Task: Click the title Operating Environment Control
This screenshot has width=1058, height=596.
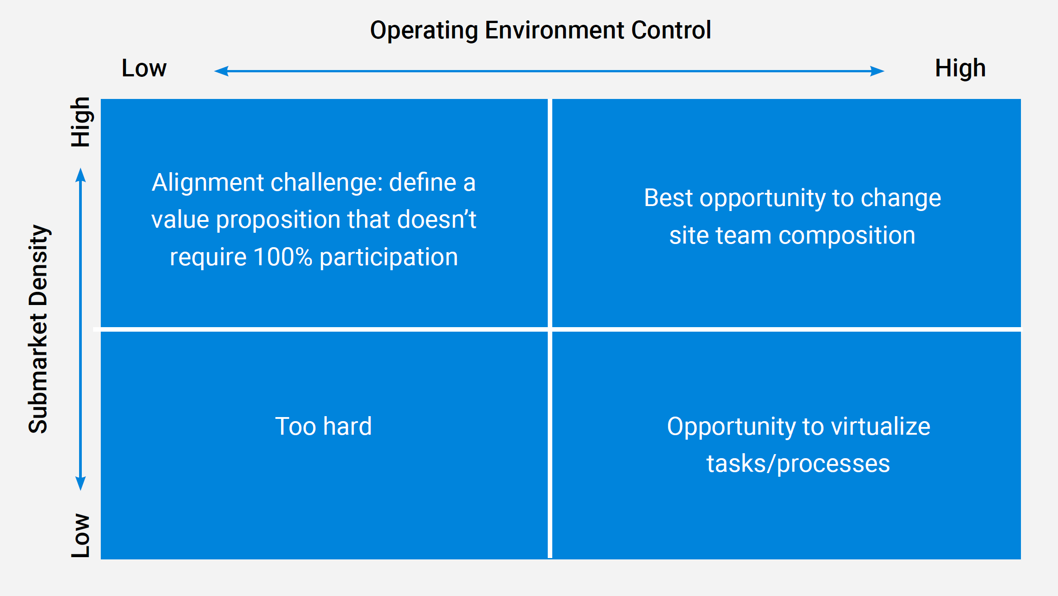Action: tap(541, 30)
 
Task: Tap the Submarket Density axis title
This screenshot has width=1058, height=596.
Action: tap(38, 329)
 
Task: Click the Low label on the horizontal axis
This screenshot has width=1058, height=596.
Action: tap(144, 68)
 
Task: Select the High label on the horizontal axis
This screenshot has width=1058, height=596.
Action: tap(960, 68)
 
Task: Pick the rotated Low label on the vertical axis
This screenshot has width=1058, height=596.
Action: tap(81, 535)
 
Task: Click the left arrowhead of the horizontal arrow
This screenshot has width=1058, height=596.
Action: tap(221, 71)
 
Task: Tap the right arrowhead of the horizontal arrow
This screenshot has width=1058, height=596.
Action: tap(877, 71)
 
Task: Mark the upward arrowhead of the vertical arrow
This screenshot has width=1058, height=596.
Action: tap(80, 175)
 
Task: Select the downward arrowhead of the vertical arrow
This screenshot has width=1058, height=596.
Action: tap(80, 483)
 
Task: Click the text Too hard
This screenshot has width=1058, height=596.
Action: tap(324, 426)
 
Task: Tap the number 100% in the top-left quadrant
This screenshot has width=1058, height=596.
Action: tap(283, 257)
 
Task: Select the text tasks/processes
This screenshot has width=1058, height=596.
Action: tap(798, 464)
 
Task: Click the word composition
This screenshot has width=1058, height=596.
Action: tap(847, 235)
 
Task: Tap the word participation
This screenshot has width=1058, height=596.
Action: tap(389, 258)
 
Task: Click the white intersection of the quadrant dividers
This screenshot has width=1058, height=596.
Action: tap(550, 329)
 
